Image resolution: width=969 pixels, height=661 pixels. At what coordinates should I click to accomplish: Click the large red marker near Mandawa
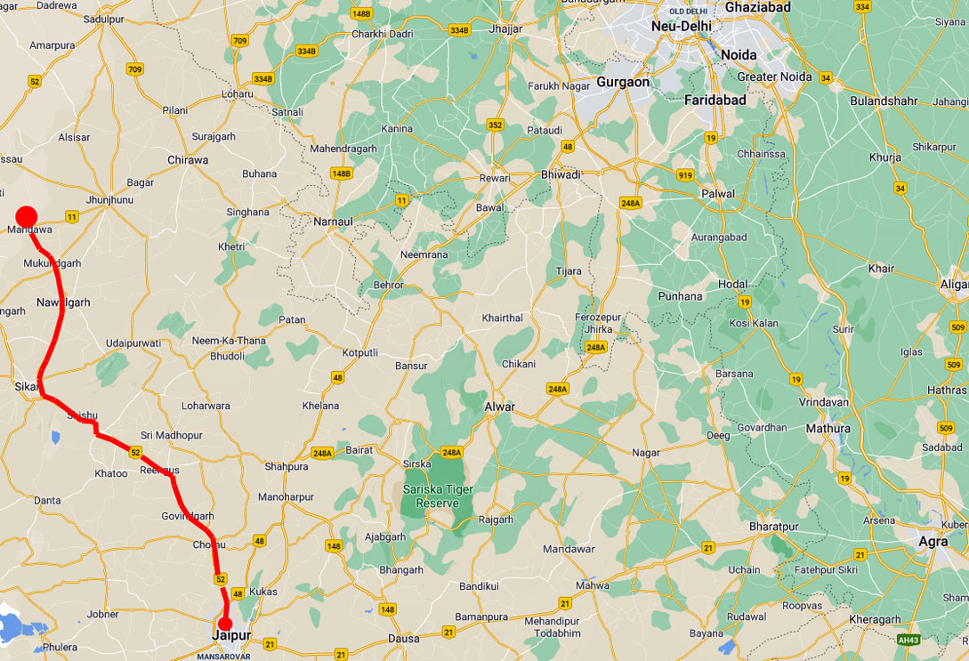coord(26,216)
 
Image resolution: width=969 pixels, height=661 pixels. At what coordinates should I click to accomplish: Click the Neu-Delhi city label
coord(682,27)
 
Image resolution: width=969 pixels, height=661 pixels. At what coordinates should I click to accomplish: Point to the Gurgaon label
coord(623,82)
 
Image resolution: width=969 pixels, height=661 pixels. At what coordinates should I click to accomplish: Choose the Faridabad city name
coord(715,101)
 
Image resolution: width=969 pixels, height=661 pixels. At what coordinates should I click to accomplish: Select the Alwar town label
coord(499,407)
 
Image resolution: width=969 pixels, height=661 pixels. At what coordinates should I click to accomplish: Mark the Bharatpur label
coord(774,527)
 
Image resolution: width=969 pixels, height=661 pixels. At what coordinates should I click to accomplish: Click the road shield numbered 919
coord(683,175)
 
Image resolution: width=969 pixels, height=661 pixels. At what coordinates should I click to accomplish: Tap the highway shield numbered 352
coord(495,125)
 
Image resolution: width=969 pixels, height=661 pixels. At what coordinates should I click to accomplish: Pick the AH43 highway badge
coord(908,640)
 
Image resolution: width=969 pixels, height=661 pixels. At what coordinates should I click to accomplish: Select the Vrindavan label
coord(825,402)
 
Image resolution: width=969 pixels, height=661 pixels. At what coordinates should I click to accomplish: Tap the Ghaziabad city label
coord(757,8)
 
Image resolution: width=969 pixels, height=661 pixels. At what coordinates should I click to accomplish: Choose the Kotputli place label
coord(360,352)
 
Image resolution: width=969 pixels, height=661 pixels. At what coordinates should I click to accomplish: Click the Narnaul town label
coord(334,221)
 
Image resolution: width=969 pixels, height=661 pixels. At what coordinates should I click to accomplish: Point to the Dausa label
coord(402,638)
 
